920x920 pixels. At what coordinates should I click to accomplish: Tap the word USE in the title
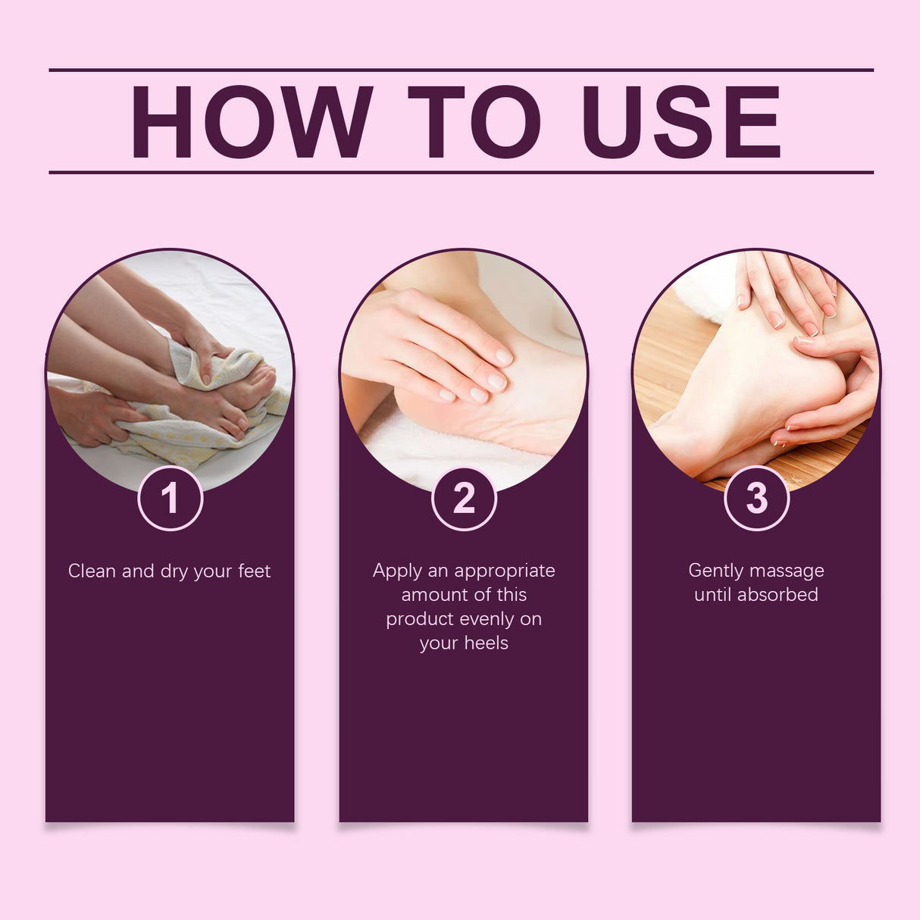click(x=681, y=122)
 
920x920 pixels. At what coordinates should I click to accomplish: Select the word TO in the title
click(x=474, y=122)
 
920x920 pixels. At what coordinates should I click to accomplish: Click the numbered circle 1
click(x=170, y=499)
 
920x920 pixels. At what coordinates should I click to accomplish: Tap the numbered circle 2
click(x=464, y=499)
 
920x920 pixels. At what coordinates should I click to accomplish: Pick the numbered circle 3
click(x=756, y=499)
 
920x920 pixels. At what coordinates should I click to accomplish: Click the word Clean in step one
click(x=91, y=571)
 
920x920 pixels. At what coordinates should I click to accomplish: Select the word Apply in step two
click(x=397, y=571)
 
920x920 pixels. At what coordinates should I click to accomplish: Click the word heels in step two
click(x=484, y=643)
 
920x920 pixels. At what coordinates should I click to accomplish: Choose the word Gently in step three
click(x=716, y=571)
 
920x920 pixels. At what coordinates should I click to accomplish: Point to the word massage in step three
click(x=790, y=572)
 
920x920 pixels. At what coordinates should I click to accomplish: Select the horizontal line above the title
click(x=461, y=70)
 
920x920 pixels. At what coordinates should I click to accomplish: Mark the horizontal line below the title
click(x=461, y=172)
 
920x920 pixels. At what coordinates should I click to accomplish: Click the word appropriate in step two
click(x=505, y=571)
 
